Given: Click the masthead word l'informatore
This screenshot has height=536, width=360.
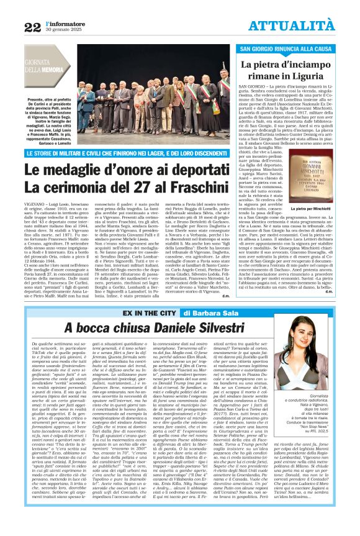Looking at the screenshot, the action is (62, 22).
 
